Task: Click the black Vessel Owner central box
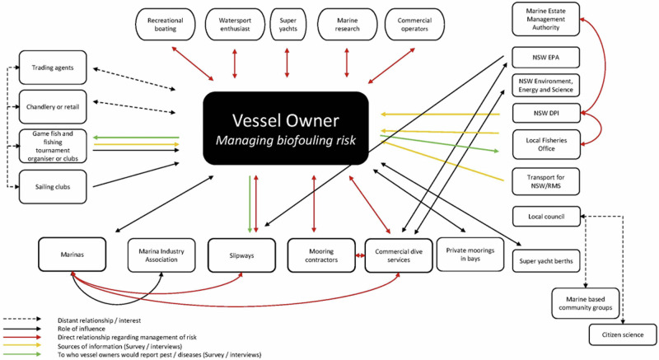[x=286, y=129]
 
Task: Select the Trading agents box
[x=53, y=68]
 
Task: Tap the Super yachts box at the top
[x=287, y=25]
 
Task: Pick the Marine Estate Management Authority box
[x=545, y=19]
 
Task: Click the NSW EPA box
[x=545, y=58]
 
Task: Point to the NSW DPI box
[x=546, y=113]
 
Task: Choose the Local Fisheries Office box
[x=546, y=144]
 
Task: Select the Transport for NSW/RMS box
[x=545, y=181]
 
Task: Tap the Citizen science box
[x=623, y=334]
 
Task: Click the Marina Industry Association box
[x=161, y=255]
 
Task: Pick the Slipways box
[x=241, y=255]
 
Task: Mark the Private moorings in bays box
[x=470, y=255]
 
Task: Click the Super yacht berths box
[x=546, y=261]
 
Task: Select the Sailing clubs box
[x=53, y=187]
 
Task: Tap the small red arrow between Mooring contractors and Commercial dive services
[x=360, y=255]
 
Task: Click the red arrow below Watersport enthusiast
[x=235, y=63]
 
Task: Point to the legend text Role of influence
[x=82, y=329]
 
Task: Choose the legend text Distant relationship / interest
[x=99, y=320]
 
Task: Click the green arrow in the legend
[x=22, y=354]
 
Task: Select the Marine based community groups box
[x=586, y=303]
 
